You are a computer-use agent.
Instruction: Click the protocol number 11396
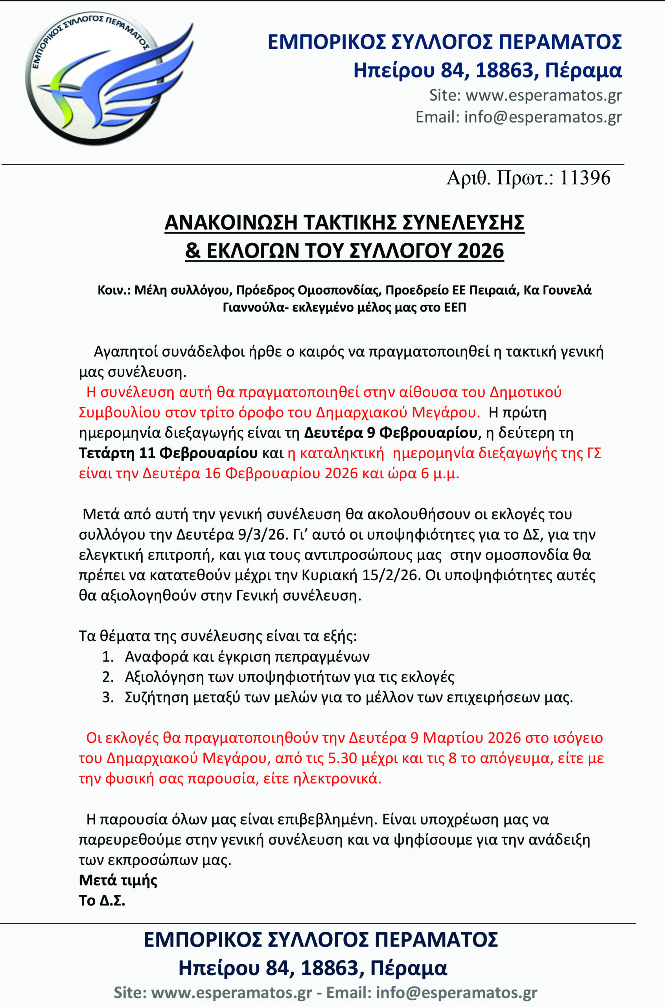(585, 178)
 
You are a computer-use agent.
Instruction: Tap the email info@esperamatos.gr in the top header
(543, 117)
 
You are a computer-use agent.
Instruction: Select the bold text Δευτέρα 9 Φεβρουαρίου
(391, 433)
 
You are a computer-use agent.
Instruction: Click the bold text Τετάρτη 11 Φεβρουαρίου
(168, 454)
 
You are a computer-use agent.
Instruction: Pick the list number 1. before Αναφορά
(108, 657)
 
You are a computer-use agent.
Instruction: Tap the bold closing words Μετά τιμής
(118, 881)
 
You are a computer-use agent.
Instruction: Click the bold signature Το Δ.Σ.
(102, 901)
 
